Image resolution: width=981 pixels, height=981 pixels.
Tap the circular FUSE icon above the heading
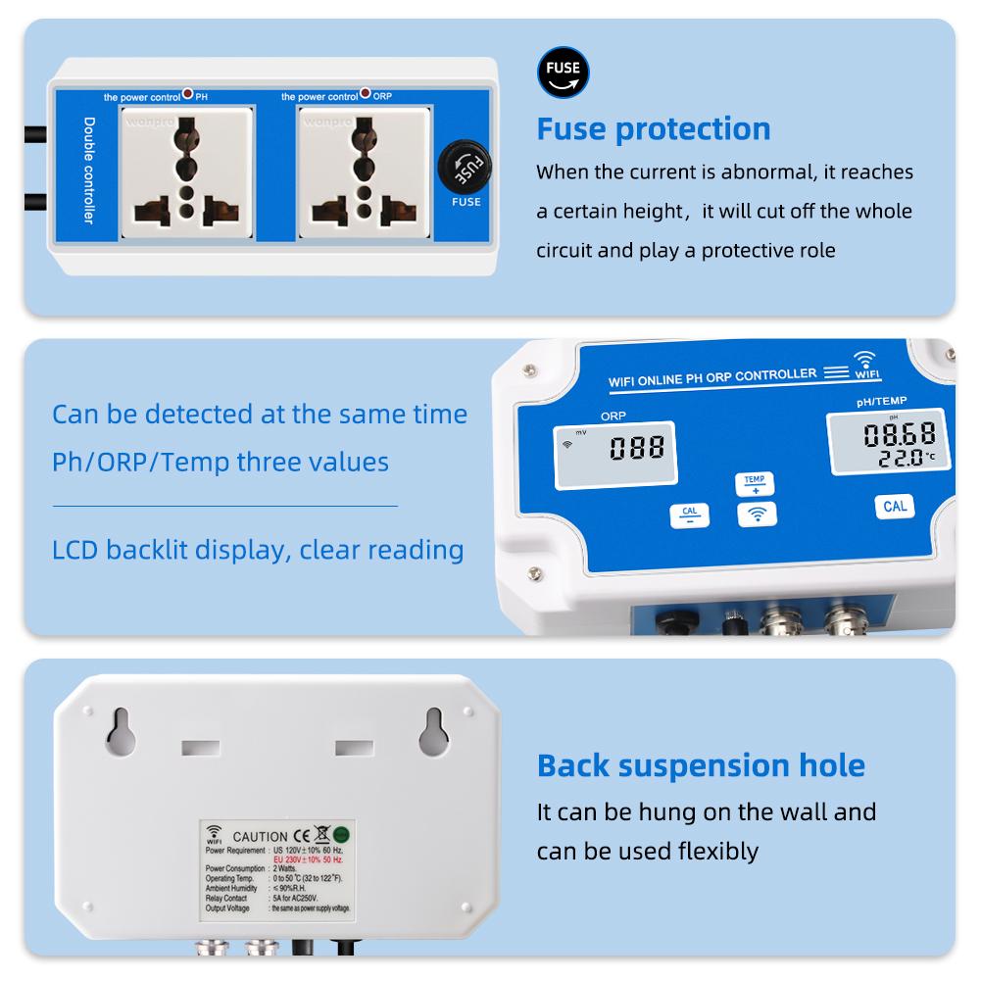[x=564, y=71]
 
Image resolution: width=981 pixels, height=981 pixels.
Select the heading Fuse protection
[x=653, y=128]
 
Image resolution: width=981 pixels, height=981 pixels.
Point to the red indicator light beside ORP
[x=366, y=95]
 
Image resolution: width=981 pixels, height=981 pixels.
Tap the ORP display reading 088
[x=637, y=448]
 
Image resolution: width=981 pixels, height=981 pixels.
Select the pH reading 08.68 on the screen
[x=899, y=433]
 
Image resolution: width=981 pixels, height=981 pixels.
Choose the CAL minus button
[x=688, y=515]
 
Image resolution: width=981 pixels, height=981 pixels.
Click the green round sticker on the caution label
[x=342, y=835]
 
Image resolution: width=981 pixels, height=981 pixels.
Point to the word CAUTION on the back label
[x=261, y=836]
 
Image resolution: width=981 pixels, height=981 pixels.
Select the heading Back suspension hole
[x=701, y=765]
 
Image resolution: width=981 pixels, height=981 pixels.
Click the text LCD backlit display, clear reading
[x=258, y=549]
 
